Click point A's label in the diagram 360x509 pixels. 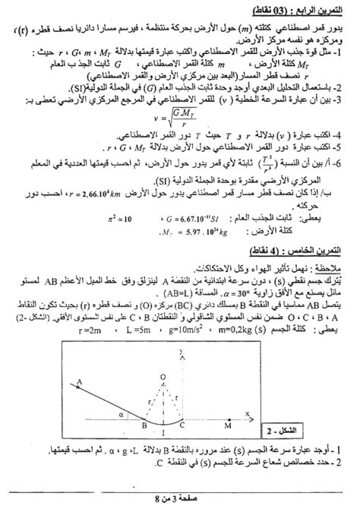click(79, 381)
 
